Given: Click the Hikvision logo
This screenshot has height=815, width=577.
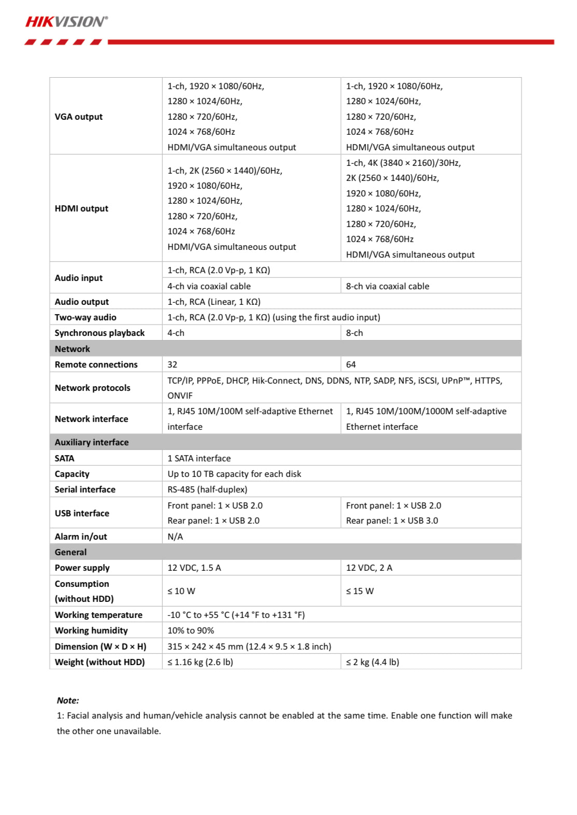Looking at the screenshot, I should point(66,22).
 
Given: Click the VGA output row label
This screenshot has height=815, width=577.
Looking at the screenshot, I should point(79,117).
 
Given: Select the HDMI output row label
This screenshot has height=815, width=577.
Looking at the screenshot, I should point(81,208).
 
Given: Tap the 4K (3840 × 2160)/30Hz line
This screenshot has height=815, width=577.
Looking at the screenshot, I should point(403,163).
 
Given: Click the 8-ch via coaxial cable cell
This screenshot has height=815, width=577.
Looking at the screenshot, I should point(387,286).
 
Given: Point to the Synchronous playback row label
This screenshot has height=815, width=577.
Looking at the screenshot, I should point(100,333).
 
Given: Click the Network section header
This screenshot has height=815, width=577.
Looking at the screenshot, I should point(73,349).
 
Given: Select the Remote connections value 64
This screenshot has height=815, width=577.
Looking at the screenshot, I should point(351,364).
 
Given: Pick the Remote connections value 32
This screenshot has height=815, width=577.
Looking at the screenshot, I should point(173,364).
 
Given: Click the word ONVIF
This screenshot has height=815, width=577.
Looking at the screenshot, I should point(180,396).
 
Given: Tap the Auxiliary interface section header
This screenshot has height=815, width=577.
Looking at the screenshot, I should point(92,442).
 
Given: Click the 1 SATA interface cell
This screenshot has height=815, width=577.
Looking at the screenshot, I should point(199,458).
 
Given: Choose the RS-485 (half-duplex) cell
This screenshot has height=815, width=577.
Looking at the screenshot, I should point(207,489).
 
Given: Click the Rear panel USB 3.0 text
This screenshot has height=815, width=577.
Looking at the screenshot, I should point(392,521).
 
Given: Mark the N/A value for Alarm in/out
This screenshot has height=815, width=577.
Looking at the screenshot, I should point(175,537).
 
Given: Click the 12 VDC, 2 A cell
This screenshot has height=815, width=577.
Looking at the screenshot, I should point(369,568).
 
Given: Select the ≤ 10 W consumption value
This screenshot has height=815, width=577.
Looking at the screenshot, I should point(181,591).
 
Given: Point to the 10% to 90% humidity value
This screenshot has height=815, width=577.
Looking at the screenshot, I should point(191,630).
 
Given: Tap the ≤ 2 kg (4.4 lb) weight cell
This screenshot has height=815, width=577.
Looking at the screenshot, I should point(373,662).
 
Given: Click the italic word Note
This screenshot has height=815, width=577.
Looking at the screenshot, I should point(67,700).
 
